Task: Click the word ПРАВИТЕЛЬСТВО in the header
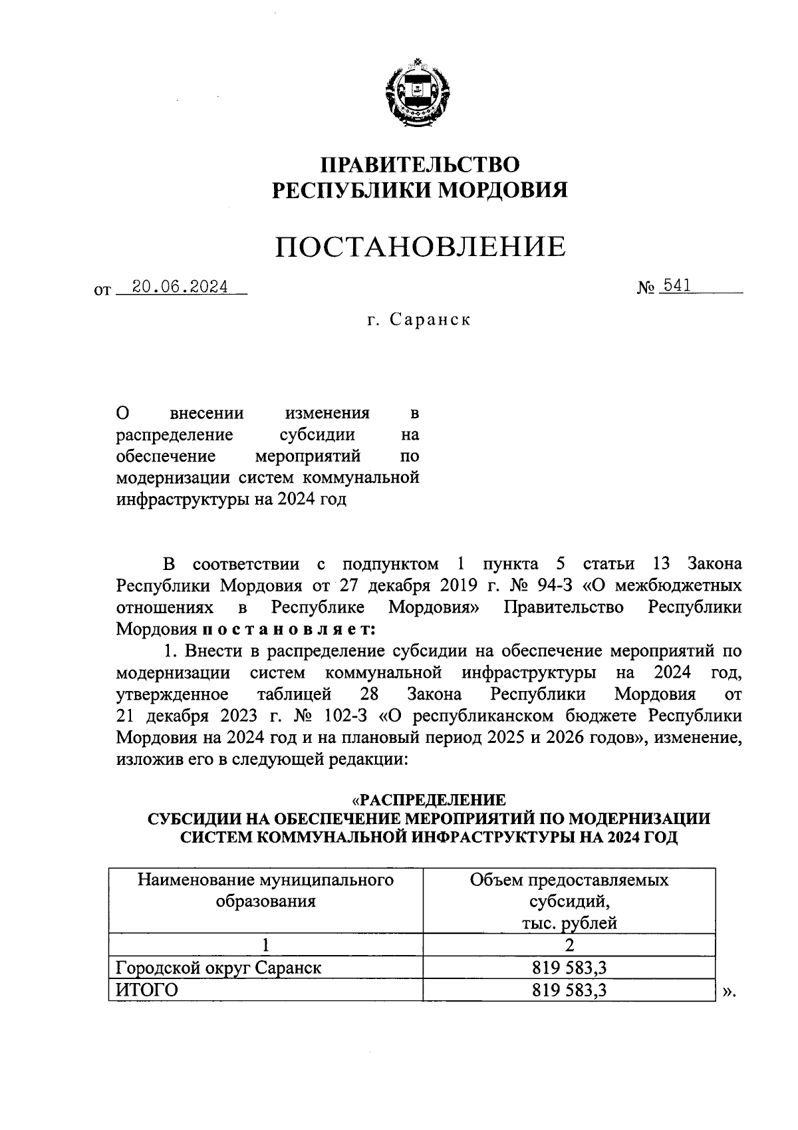[420, 164]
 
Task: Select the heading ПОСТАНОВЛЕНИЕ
[420, 247]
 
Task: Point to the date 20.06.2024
[180, 287]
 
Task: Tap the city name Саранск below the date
[430, 320]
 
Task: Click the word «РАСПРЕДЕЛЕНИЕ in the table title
[428, 799]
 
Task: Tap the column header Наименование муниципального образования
[265, 891]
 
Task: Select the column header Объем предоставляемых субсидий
[569, 901]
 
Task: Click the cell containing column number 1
[265, 944]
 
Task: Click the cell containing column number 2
[569, 944]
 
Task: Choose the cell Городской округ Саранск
[219, 967]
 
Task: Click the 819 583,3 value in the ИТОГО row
[569, 990]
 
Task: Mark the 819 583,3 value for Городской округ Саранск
[569, 967]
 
